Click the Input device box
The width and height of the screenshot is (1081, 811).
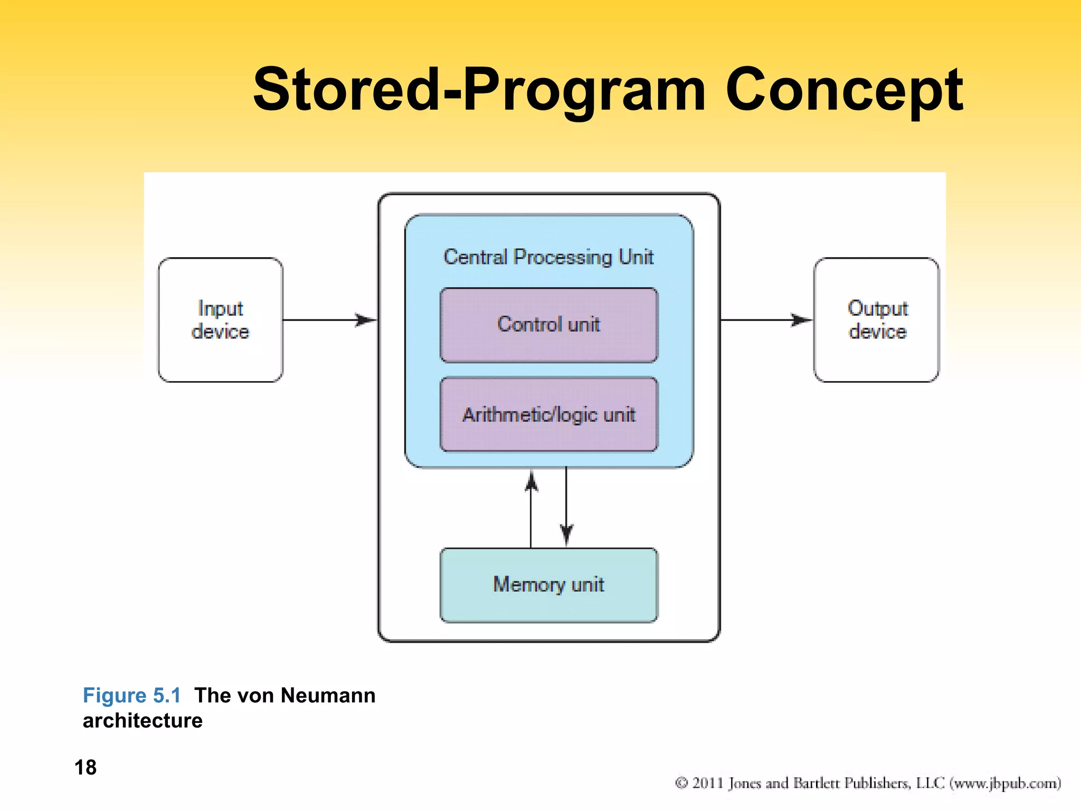[x=220, y=320]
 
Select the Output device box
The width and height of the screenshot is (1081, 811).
[x=877, y=320]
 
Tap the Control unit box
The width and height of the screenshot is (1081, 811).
[x=549, y=325]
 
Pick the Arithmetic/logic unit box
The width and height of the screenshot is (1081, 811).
[x=549, y=414]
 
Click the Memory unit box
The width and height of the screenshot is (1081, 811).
[x=549, y=585]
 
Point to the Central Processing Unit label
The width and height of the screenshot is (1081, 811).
[x=549, y=257]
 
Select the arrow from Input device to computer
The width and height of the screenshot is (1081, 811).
[x=330, y=320]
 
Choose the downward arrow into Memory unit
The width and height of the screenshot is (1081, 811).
[x=566, y=507]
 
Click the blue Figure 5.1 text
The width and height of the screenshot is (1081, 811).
[x=132, y=695]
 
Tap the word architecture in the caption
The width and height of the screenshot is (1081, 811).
[x=143, y=721]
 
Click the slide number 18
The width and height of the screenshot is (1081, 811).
[x=86, y=767]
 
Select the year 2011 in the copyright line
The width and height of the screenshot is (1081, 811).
[x=707, y=783]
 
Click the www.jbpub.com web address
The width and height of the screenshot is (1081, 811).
[x=1005, y=783]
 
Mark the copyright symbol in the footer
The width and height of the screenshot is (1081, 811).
[x=681, y=783]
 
